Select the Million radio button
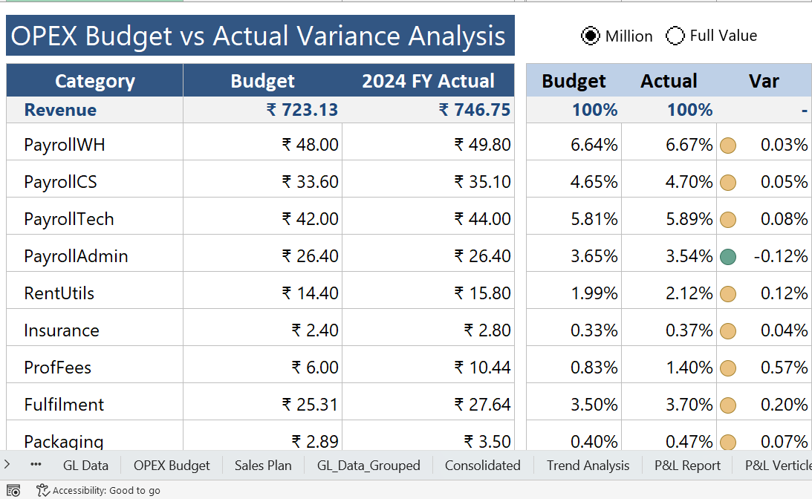(x=591, y=36)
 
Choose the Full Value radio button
(x=675, y=36)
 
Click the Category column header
(x=95, y=81)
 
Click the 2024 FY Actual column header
(x=428, y=81)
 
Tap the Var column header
(x=764, y=81)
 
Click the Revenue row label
(x=60, y=110)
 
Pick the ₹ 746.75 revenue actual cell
(x=475, y=110)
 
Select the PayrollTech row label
(x=69, y=219)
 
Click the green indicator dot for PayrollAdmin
(x=728, y=257)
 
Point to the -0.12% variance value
(x=780, y=256)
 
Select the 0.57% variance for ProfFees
(x=784, y=368)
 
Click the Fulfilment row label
(x=64, y=405)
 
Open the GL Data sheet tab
(x=85, y=466)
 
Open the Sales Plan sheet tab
(x=263, y=466)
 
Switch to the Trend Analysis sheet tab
(x=588, y=466)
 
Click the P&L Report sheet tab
(x=687, y=466)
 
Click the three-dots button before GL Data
(x=36, y=465)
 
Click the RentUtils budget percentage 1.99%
(x=594, y=293)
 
